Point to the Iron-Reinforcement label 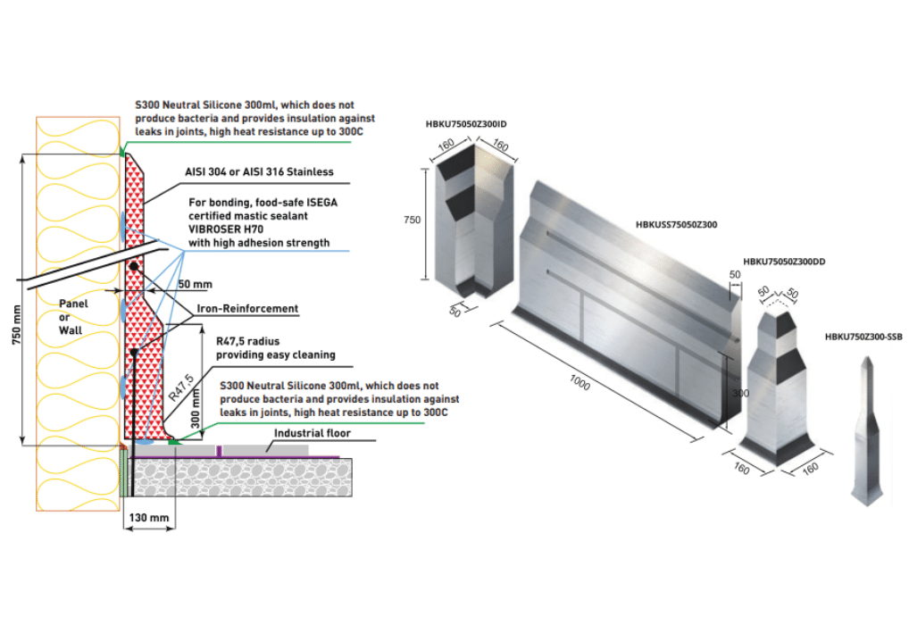pyautogui.click(x=247, y=309)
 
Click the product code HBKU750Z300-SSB pyautogui.click(x=863, y=337)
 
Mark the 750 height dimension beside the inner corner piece pyautogui.click(x=413, y=219)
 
